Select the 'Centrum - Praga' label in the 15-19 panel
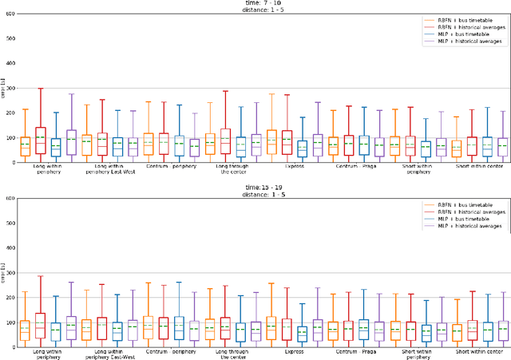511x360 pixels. click(x=352, y=351)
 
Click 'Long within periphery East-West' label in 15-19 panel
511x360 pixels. click(x=115, y=354)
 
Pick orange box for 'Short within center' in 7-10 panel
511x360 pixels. click(x=456, y=148)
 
